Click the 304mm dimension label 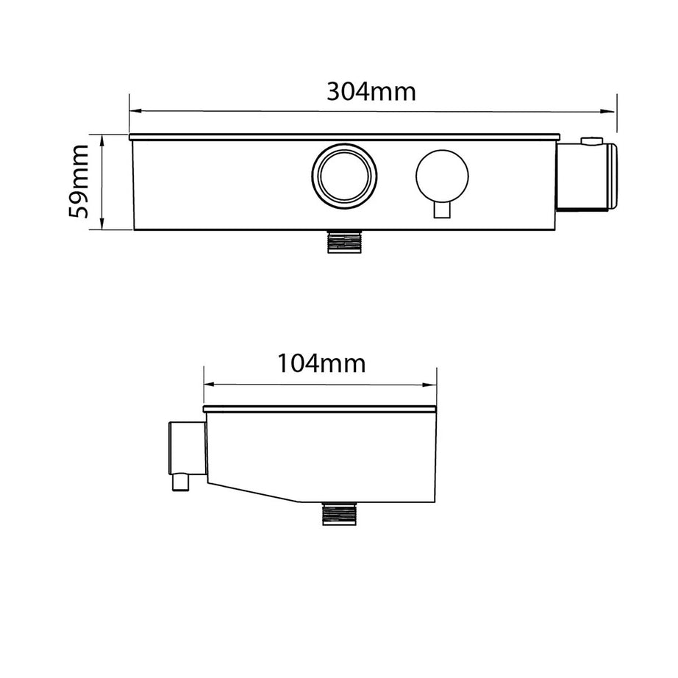(x=371, y=92)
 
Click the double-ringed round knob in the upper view (x=344, y=174)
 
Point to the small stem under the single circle (x=441, y=210)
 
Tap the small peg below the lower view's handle (x=179, y=482)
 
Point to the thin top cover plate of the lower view (x=320, y=407)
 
